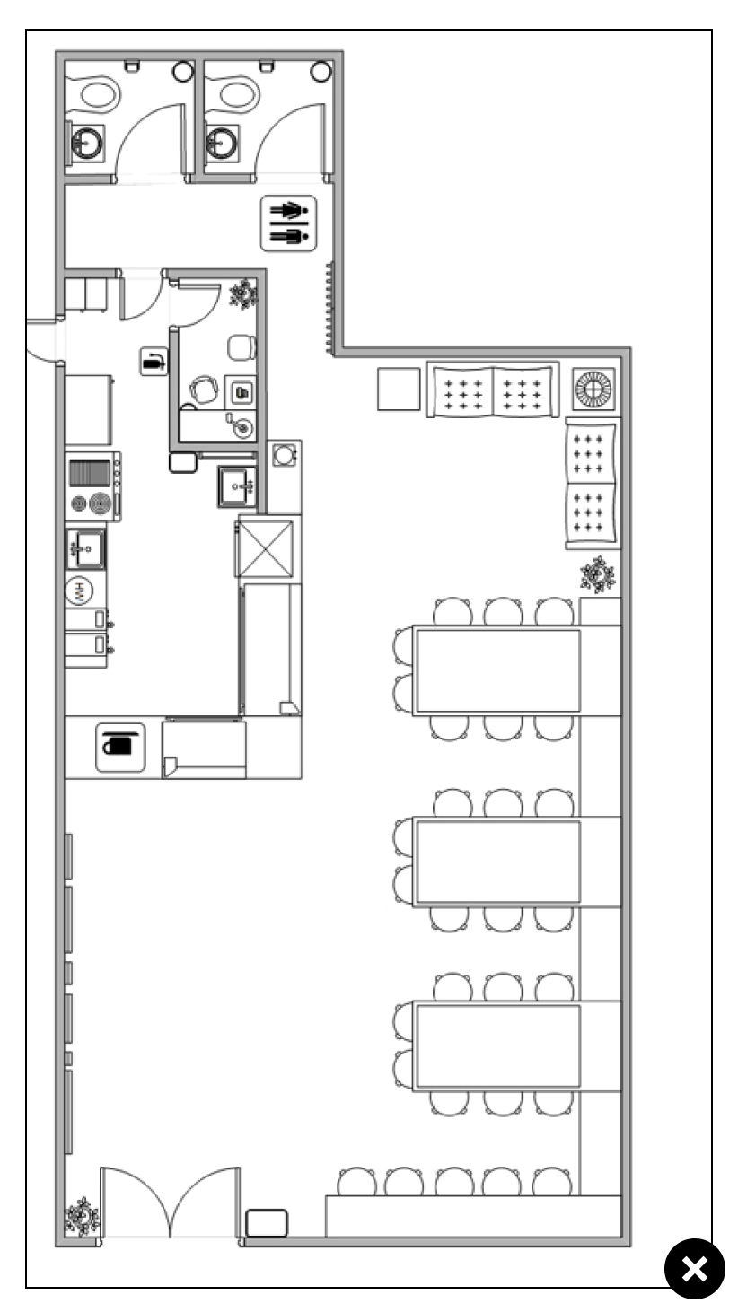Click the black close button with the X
pyautogui.click(x=695, y=1268)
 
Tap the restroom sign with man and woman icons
pyautogui.click(x=288, y=223)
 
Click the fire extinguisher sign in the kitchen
pyautogui.click(x=154, y=361)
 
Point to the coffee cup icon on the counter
pyautogui.click(x=120, y=748)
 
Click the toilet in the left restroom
pyautogui.click(x=100, y=93)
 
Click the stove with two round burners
pyautogui.click(x=93, y=486)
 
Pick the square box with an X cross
pyautogui.click(x=266, y=549)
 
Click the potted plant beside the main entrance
pyautogui.click(x=82, y=1217)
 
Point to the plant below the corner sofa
pyautogui.click(x=598, y=574)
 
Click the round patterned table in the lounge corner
pyautogui.click(x=593, y=389)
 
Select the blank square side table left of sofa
pyautogui.click(x=399, y=389)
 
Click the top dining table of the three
pyautogui.click(x=497, y=670)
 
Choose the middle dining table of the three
pyautogui.click(x=497, y=862)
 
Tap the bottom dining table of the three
pyautogui.click(x=497, y=1046)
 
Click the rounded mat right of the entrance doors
pyautogui.click(x=267, y=1223)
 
